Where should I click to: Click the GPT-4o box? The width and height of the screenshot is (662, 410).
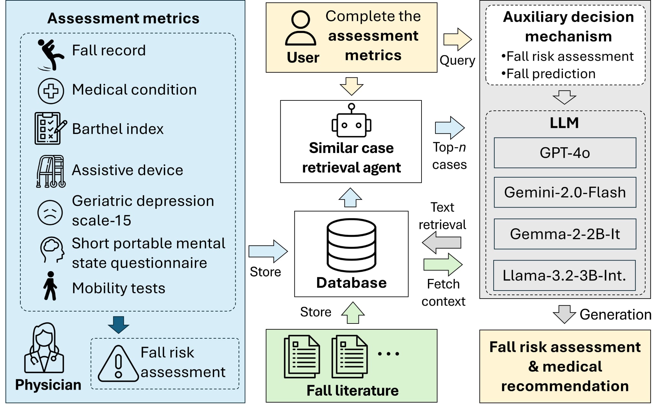[565, 153]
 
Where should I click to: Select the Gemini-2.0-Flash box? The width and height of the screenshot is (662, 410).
[565, 192]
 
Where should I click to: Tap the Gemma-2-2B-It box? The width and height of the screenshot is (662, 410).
[565, 234]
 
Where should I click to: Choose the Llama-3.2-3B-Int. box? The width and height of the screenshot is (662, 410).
[564, 275]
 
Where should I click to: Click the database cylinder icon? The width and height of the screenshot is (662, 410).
[351, 245]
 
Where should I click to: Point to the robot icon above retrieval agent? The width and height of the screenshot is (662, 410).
[351, 121]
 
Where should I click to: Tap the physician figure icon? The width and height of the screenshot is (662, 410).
[44, 349]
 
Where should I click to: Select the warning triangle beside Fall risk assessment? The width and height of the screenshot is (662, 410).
[118, 364]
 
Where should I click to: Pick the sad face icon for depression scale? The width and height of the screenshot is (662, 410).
[50, 212]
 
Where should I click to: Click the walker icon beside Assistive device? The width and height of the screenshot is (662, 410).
[51, 171]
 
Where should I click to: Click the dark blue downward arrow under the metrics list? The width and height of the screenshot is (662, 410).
[118, 324]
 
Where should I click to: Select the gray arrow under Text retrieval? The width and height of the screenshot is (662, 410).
[442, 243]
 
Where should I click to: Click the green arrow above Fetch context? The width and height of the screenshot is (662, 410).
[443, 264]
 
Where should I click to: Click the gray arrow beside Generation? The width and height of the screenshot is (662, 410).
[564, 314]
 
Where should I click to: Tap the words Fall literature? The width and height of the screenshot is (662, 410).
[352, 390]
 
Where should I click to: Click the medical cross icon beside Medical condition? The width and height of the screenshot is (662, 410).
[51, 91]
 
